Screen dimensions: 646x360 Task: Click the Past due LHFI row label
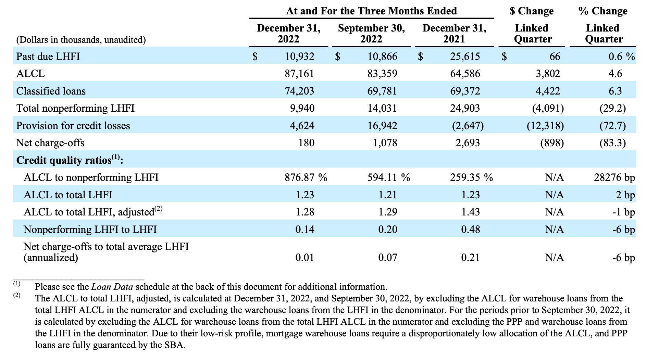point(48,56)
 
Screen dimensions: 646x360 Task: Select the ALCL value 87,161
point(299,74)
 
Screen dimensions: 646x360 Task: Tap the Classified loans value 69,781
point(382,91)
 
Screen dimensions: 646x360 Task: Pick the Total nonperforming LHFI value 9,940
point(302,108)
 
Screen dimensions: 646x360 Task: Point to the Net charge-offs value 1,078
point(385,143)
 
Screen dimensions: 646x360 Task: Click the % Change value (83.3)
point(612,143)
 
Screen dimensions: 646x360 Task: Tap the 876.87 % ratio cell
point(306,177)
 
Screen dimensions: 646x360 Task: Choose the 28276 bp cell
point(614,177)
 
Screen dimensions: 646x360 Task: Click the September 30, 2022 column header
point(371,34)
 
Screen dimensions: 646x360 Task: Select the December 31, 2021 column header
point(454,34)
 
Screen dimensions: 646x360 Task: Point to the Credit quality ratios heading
point(70,160)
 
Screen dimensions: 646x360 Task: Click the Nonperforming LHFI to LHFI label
point(90,229)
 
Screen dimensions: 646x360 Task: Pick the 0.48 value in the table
point(471,229)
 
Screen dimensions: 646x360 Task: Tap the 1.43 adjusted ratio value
point(471,212)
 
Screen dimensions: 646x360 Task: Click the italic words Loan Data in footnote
point(112,287)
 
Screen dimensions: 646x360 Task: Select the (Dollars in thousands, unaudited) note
point(81,40)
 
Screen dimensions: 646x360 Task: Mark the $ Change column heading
point(532,11)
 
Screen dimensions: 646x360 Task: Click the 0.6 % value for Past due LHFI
point(622,56)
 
